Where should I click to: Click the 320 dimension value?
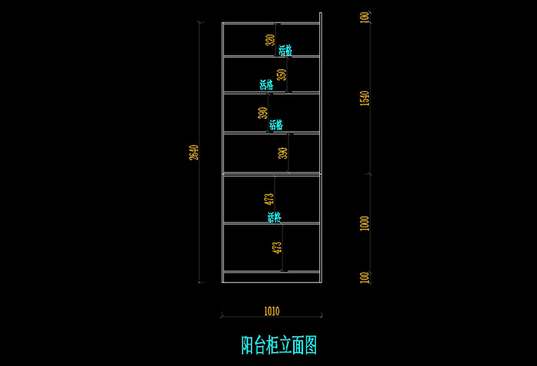(x=270, y=40)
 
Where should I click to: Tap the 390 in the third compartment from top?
(x=262, y=113)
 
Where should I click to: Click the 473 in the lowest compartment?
(x=277, y=248)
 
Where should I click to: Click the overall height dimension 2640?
(x=195, y=153)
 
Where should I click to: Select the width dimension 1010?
(x=271, y=312)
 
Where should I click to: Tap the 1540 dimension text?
(x=364, y=98)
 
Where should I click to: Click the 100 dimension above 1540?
(x=364, y=18)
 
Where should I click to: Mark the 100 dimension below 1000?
(x=364, y=276)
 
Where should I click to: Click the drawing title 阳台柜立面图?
(x=279, y=345)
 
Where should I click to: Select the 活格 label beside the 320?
(x=285, y=51)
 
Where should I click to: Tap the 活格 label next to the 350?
(x=266, y=84)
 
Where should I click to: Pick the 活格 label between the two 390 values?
(x=275, y=124)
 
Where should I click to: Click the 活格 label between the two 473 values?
(x=274, y=218)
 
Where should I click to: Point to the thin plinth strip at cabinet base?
(x=271, y=276)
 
